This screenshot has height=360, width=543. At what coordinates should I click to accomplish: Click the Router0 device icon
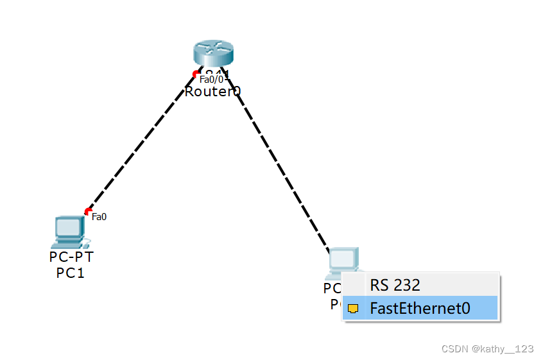[x=212, y=54]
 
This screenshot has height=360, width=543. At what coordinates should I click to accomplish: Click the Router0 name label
[x=212, y=92]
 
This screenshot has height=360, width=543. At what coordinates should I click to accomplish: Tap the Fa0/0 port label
[x=211, y=79]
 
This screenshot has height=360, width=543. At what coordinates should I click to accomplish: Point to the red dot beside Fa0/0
[x=196, y=74]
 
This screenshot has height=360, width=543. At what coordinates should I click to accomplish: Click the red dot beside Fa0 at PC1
[x=88, y=212]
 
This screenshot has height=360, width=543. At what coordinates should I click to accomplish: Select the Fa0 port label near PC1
[x=99, y=217]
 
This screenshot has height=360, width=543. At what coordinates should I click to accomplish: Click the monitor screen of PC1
[x=67, y=227]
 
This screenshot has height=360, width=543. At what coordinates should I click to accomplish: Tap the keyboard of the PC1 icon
[x=66, y=244]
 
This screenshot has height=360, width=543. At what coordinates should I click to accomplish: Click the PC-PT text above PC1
[x=71, y=257]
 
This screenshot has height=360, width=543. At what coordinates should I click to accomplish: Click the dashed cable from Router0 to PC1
[x=141, y=143]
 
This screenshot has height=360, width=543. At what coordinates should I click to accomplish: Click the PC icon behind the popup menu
[x=344, y=259]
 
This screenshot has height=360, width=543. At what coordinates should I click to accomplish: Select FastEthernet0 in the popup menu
[x=420, y=308]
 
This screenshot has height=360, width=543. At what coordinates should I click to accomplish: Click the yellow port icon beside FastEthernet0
[x=352, y=308]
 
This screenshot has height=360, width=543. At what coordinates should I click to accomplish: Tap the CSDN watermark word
[x=454, y=348]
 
